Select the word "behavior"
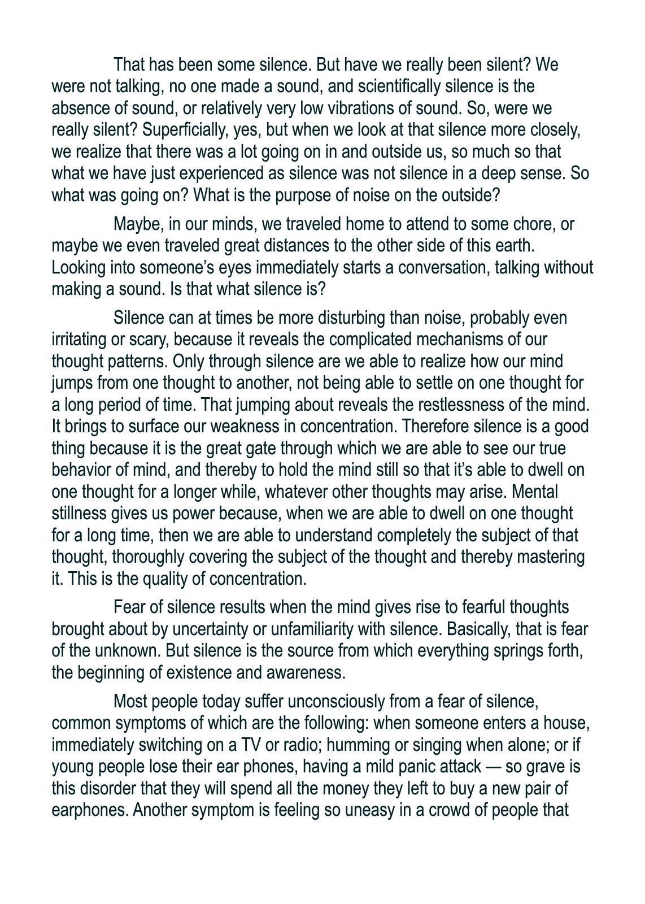tap(79, 470)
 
